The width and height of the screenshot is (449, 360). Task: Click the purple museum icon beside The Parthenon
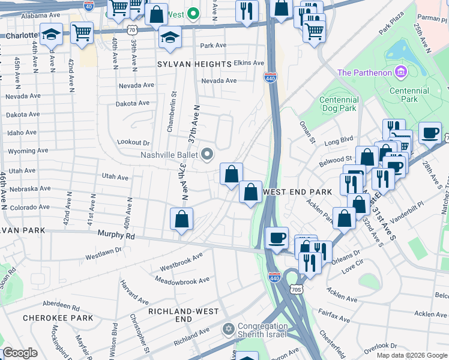(401, 73)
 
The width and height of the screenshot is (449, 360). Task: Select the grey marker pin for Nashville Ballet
(208, 155)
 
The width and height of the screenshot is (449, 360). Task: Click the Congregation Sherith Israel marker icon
(228, 329)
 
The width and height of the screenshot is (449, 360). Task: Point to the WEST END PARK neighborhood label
(297, 192)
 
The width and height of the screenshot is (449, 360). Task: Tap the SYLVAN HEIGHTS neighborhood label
(194, 64)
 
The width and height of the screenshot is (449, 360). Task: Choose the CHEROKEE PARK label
(58, 317)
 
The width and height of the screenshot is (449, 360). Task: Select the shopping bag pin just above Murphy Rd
(181, 220)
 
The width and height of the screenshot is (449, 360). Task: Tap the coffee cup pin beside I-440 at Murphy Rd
(277, 238)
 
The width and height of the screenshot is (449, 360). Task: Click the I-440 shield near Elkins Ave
(270, 77)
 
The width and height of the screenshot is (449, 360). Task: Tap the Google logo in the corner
(20, 353)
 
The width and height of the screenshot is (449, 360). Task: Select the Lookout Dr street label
(133, 142)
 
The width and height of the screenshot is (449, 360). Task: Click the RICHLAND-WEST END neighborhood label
(179, 316)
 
